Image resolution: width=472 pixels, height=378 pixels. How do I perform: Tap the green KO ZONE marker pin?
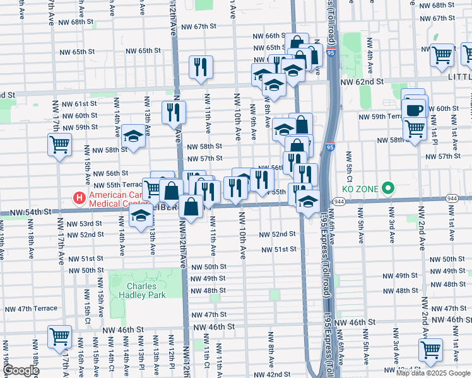point(389,188)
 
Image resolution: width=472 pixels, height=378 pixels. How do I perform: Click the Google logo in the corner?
point(20,371)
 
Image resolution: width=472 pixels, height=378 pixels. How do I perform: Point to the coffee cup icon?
point(415,110)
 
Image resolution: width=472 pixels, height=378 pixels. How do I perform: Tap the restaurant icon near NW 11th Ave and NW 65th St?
point(201,67)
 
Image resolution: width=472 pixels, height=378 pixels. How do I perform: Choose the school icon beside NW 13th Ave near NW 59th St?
point(133,137)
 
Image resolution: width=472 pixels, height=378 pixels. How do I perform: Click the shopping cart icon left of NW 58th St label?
point(59,144)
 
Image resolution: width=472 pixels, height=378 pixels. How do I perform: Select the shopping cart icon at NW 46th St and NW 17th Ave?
point(59,336)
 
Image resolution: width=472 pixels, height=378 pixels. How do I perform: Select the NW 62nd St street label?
point(362,82)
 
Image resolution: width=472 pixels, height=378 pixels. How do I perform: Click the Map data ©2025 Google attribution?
point(432,372)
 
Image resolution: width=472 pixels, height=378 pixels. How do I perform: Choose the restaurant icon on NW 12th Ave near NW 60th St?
point(173,113)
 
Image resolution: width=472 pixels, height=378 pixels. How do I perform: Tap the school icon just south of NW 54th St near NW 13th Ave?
point(141,216)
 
